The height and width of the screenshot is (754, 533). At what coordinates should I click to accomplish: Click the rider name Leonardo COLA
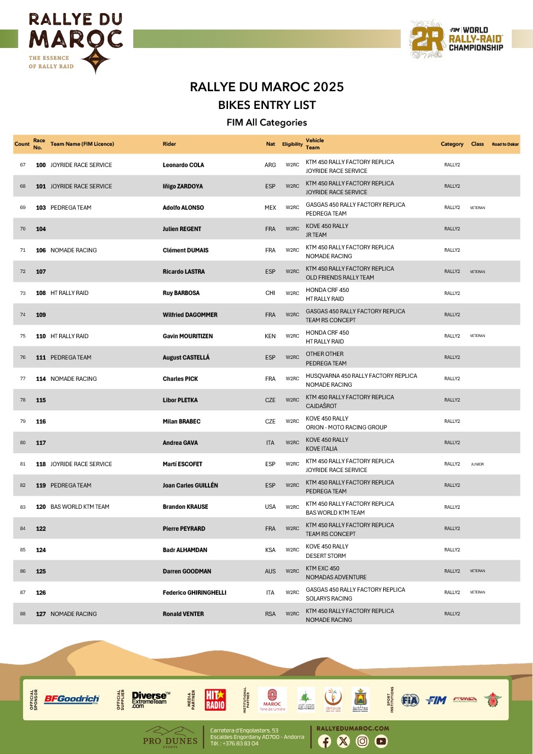183,165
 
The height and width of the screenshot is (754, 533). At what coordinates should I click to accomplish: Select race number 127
41,614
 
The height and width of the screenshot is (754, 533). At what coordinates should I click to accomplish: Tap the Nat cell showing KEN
270,336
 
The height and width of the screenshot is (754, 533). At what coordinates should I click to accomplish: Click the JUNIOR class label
477,464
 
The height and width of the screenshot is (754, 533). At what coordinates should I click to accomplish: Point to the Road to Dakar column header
505,145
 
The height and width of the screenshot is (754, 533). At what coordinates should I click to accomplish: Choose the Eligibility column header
293,145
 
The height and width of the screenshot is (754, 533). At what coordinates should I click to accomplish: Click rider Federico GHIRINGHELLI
194,593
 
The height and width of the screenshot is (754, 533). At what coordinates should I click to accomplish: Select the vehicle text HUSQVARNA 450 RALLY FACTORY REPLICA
361,376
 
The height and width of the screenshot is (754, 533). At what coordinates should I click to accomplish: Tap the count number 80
23,443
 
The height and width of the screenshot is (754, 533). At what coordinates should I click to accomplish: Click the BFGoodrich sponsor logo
72,700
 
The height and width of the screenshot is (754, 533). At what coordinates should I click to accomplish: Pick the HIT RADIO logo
215,700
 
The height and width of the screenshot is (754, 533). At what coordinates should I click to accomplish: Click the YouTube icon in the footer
381,741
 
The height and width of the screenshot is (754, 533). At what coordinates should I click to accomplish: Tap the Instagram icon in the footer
362,741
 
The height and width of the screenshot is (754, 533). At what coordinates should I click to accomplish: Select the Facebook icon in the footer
325,741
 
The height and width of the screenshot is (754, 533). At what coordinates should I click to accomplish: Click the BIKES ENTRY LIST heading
266,105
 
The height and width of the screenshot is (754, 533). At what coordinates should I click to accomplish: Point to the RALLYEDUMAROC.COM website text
353,728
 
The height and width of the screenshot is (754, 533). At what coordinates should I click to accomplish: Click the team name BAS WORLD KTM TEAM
80,507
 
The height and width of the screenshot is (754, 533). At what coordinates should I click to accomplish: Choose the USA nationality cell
270,507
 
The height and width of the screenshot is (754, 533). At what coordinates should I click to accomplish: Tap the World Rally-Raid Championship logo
457,39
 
